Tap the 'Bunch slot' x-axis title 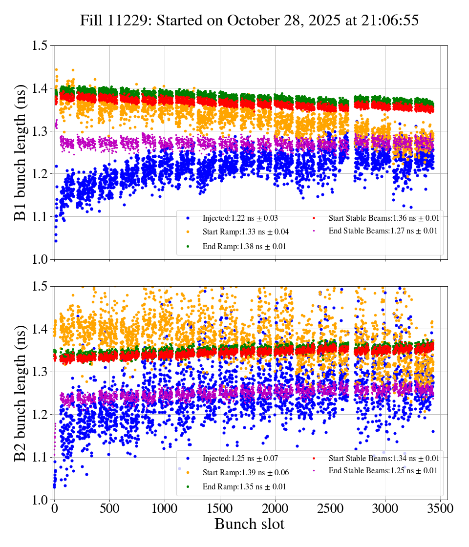tap(249, 525)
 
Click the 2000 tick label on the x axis tap(275, 508)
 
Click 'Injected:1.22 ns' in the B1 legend tap(234, 218)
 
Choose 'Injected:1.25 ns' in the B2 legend tap(234, 459)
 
